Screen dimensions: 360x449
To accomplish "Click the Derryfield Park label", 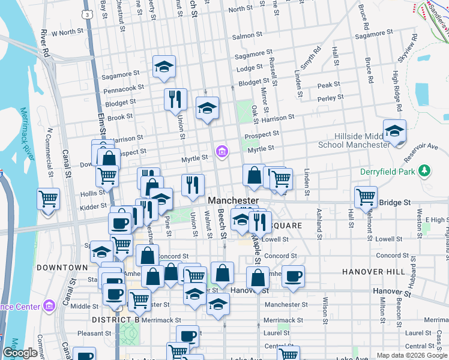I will pyautogui.click(x=387, y=172).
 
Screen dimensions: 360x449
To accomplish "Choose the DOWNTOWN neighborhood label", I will pyautogui.click(x=62, y=267).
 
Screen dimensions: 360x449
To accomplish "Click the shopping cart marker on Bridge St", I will pyautogui.click(x=366, y=197).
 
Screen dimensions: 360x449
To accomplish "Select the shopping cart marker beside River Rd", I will pyautogui.click(x=48, y=198).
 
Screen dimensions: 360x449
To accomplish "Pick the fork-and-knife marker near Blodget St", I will pyautogui.click(x=175, y=98).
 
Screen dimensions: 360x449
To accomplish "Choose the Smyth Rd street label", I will pyautogui.click(x=316, y=58).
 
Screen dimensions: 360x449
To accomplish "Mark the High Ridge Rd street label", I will pyautogui.click(x=396, y=91).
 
